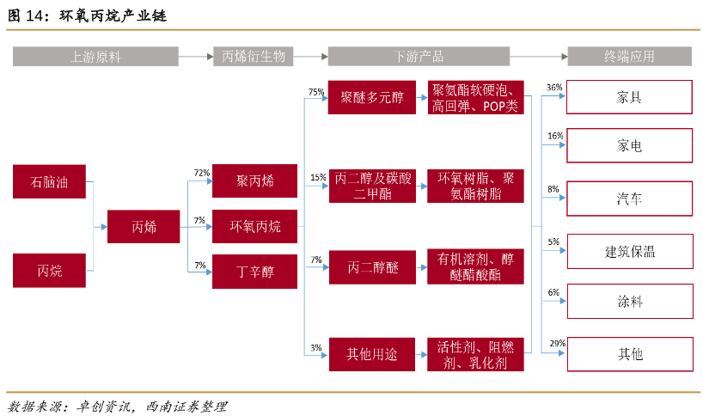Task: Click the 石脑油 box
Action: [49, 182]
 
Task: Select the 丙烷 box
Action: [49, 271]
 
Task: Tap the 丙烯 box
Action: [144, 227]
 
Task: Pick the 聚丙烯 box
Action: [254, 181]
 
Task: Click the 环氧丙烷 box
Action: [254, 227]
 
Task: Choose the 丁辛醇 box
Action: [254, 272]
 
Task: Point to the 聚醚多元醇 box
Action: [371, 97]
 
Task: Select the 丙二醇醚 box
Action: [371, 268]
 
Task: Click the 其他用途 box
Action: [371, 353]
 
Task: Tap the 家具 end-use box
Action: [629, 97]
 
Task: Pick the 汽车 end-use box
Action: [629, 199]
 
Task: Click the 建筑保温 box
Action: [629, 251]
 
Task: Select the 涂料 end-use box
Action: [629, 302]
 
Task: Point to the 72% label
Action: [202, 173]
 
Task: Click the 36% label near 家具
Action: [554, 88]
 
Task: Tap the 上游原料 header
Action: [95, 57]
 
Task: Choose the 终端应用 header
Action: [629, 57]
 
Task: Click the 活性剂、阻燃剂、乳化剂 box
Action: [475, 353]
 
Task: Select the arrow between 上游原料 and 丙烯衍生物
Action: [195, 57]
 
